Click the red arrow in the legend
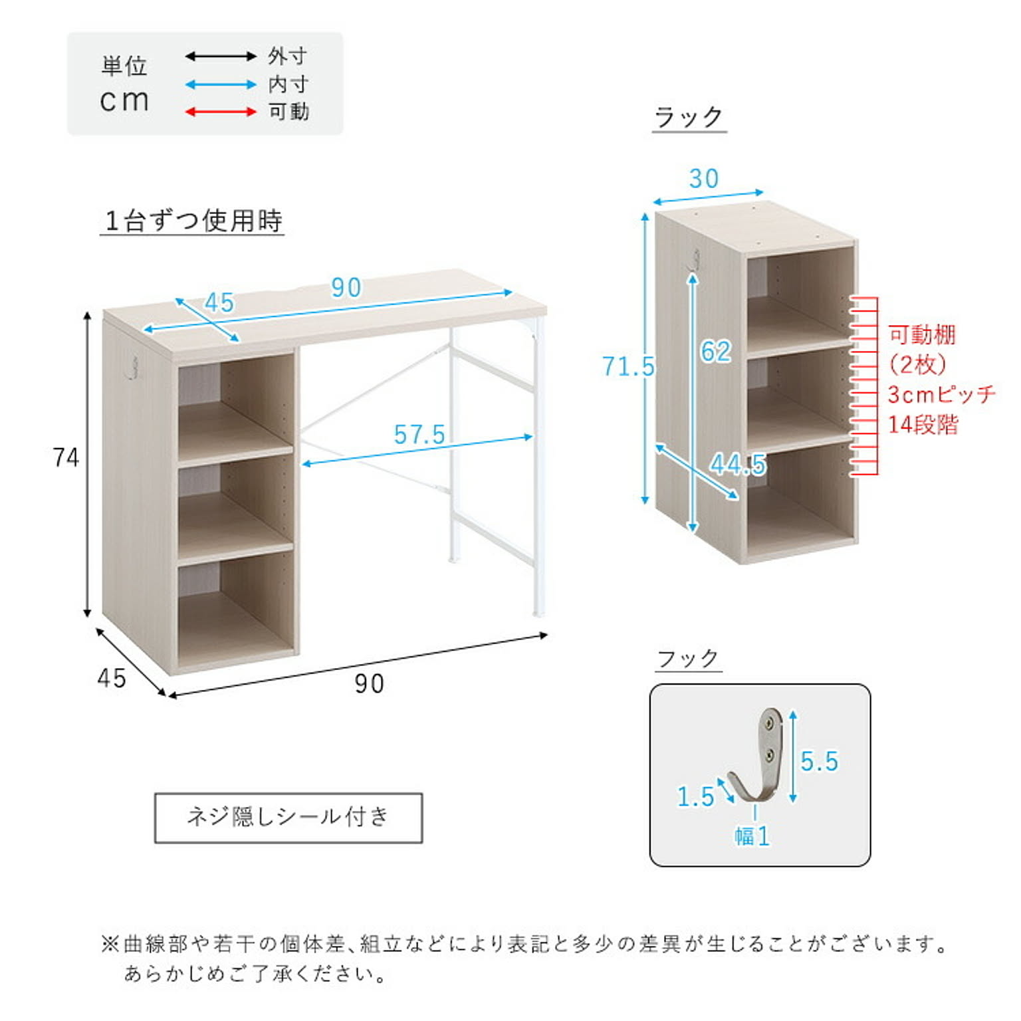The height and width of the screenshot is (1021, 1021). (x=221, y=112)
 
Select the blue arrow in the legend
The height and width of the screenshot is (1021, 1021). (x=221, y=84)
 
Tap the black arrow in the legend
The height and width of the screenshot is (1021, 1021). (x=221, y=57)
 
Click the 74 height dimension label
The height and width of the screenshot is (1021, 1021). (x=66, y=457)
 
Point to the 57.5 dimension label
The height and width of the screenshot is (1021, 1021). (x=419, y=435)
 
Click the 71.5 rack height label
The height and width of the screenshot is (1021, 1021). (x=628, y=366)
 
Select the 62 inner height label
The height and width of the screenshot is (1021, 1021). (x=716, y=352)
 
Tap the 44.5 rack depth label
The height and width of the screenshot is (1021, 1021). (x=738, y=464)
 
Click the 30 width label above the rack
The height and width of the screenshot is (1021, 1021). (x=704, y=178)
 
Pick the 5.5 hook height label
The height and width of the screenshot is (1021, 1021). (x=819, y=761)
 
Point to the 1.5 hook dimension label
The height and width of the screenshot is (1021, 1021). (x=695, y=796)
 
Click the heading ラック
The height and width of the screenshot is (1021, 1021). (x=689, y=118)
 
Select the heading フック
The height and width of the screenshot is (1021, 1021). (x=688, y=659)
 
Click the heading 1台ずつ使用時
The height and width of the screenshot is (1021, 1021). (x=193, y=221)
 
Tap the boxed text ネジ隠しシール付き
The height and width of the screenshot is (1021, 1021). (x=288, y=817)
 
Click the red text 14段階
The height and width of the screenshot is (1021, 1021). (x=923, y=425)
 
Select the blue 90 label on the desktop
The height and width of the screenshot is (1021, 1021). (x=346, y=287)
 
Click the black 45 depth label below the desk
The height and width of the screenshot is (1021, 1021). (x=111, y=678)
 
